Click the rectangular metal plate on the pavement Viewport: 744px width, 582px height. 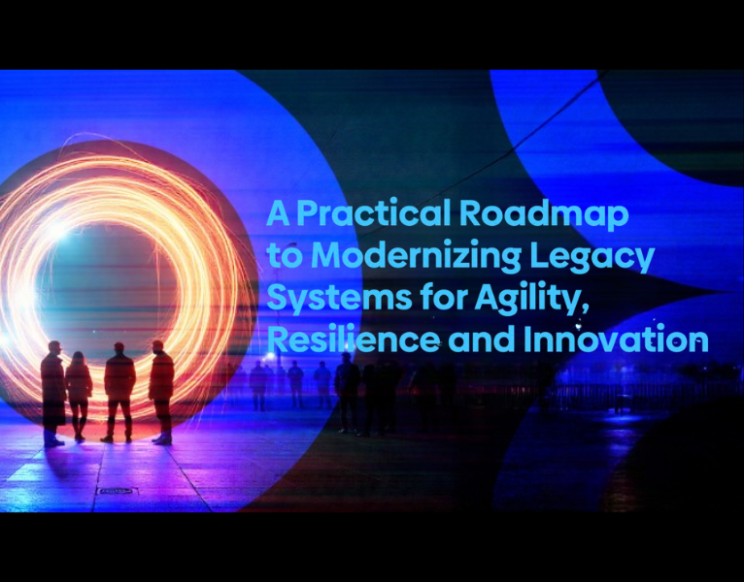click(x=116, y=492)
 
